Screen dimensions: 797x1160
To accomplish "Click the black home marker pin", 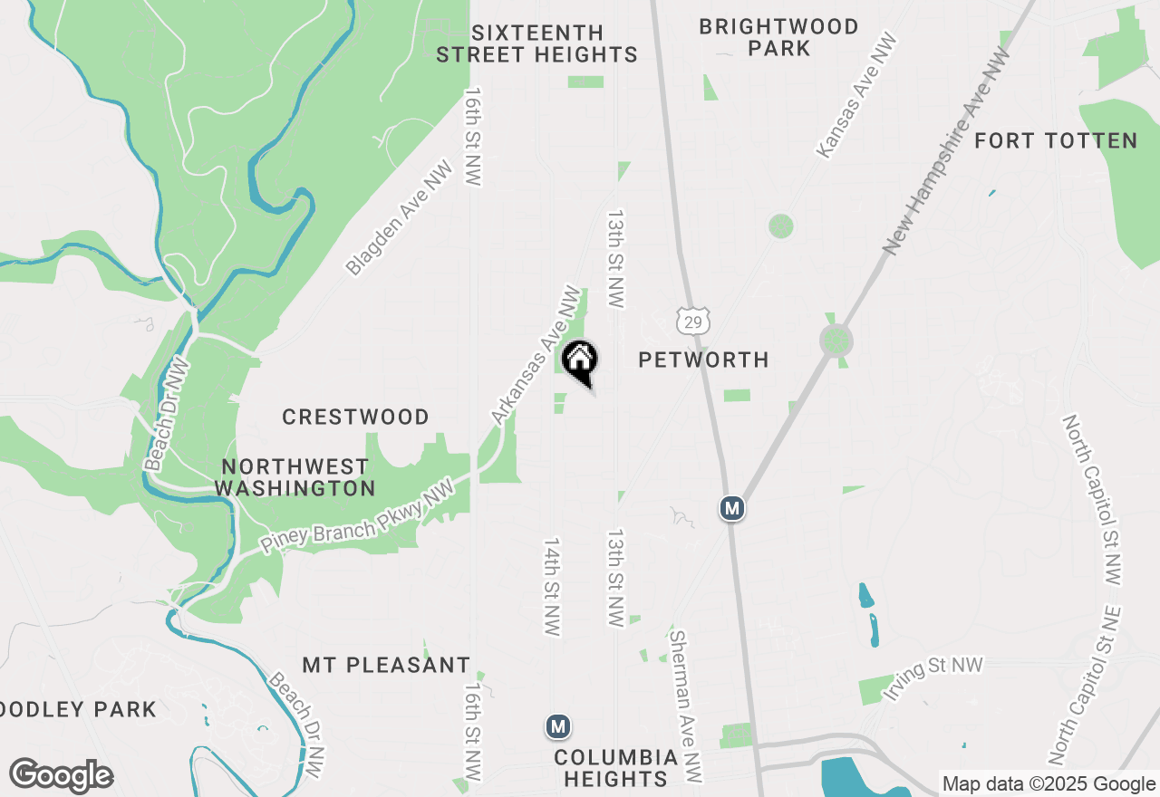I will coord(580,360).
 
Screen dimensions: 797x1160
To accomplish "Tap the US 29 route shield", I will coord(692,321).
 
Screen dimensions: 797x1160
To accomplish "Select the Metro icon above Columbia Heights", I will coord(558,726).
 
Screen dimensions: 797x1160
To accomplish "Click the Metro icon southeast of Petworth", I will coord(732,508).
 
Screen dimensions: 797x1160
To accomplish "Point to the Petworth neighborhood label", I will coord(703,360).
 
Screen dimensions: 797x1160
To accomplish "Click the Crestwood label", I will coord(355,417).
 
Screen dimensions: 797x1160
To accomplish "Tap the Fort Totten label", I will coord(1056,140).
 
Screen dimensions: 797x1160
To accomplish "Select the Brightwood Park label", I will coord(778,37).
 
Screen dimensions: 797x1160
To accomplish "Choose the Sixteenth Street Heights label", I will coord(536,43).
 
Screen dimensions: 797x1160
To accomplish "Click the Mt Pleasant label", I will coord(386,665).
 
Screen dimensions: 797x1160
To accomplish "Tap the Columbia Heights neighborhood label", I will coord(615,767).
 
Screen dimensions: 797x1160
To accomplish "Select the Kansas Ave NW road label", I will coord(856,96).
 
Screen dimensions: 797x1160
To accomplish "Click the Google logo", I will coord(61,776).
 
